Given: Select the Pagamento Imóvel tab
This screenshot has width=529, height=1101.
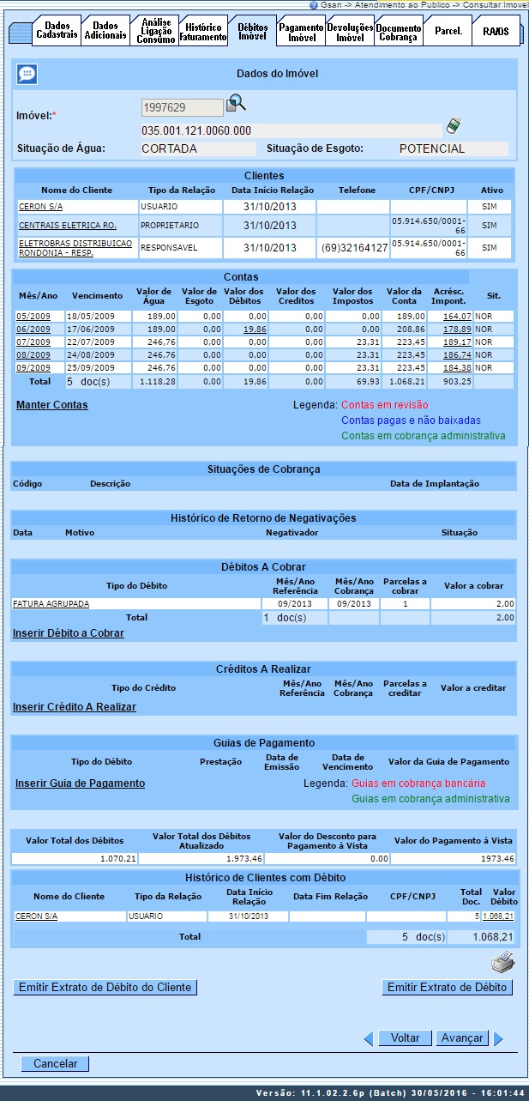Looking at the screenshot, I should coord(301,32).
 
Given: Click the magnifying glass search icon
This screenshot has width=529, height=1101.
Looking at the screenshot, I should coord(235,105).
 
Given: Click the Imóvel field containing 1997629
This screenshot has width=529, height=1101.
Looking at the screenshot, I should coord(182,107).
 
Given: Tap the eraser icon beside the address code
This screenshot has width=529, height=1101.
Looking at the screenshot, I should coord(454,127).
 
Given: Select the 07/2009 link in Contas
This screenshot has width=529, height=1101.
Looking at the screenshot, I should coord(33,342).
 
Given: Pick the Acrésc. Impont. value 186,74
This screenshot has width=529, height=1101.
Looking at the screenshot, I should coord(456,355).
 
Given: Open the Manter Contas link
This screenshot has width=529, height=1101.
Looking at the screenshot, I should coord(51,405).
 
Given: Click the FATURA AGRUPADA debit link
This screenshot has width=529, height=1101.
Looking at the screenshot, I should coord(51,603).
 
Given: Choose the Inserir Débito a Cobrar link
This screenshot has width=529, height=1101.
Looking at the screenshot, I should coord(68,633).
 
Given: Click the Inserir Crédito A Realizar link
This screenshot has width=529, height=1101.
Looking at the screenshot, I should coord(74,707).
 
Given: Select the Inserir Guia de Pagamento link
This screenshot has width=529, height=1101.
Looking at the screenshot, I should coord(80,783).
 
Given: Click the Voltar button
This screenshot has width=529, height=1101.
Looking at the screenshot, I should coord(405,1038).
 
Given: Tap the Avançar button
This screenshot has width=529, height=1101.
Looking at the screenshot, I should coord(461,1038).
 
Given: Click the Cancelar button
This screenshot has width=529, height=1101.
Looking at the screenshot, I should coord(55,1064).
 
